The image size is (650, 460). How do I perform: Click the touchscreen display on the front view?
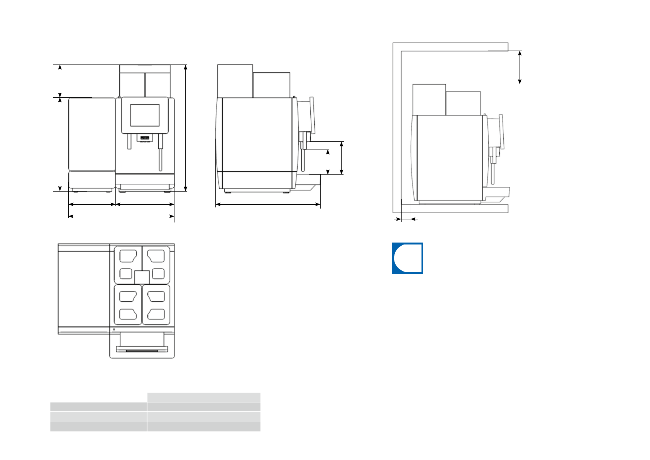click(145, 115)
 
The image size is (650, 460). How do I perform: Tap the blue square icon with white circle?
click(407, 258)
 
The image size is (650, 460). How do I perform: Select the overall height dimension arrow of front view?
click(186, 127)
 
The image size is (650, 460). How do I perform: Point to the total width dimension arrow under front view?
click(121, 216)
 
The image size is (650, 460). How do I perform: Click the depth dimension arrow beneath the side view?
click(268, 205)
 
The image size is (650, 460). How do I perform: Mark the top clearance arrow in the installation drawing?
click(520, 67)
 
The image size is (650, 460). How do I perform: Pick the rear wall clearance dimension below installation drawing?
click(406, 219)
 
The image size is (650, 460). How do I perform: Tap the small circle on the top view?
click(114, 329)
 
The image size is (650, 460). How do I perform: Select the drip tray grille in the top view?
click(142, 350)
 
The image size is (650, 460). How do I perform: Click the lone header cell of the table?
click(203, 397)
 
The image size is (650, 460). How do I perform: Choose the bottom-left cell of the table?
click(98, 426)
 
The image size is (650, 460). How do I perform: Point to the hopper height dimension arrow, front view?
click(60, 81)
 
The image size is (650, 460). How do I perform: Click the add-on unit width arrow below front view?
click(92, 204)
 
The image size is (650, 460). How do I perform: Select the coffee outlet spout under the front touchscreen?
click(145, 138)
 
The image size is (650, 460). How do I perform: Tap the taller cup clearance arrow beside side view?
click(342, 158)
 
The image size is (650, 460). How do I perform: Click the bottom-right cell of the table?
click(203, 426)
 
